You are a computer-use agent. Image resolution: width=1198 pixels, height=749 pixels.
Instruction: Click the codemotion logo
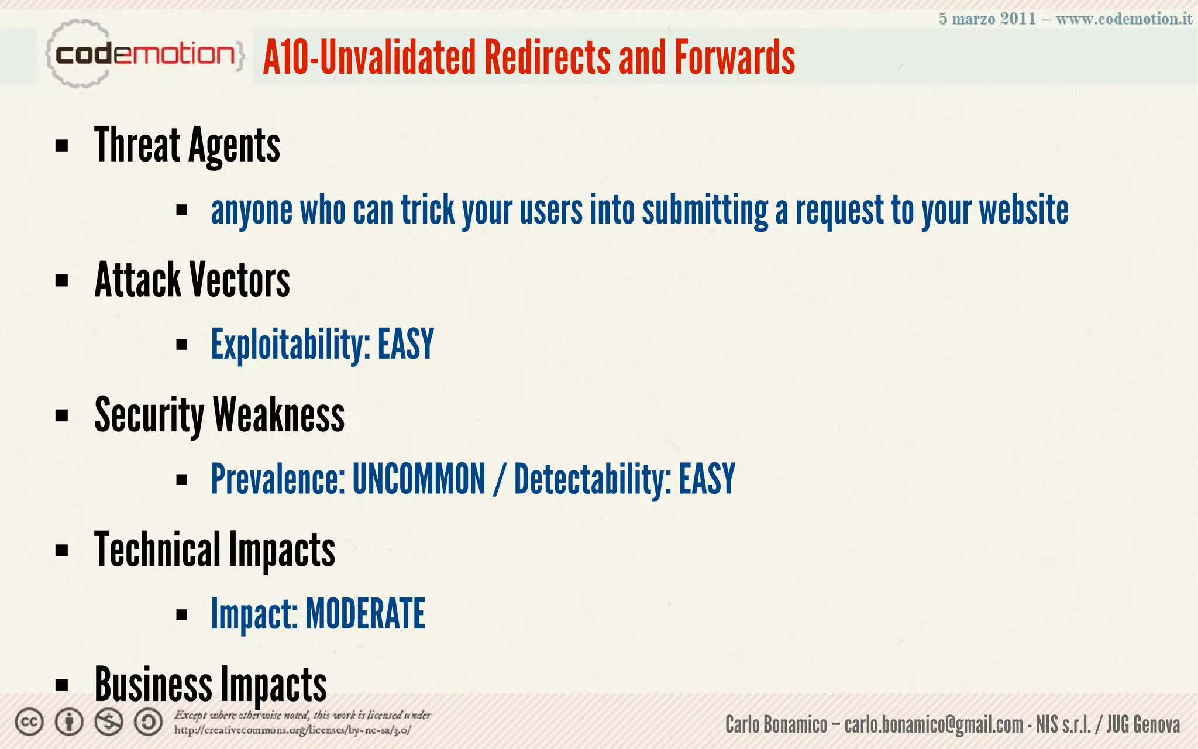(x=143, y=54)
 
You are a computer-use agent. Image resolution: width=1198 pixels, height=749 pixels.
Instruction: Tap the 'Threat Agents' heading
(x=187, y=145)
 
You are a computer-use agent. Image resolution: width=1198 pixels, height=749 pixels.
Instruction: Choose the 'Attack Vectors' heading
(x=192, y=280)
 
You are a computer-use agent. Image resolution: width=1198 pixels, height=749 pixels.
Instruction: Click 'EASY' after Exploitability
(x=405, y=344)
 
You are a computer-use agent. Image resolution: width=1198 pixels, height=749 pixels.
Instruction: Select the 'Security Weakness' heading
(x=219, y=415)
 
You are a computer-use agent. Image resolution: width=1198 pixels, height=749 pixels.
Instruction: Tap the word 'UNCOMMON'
(x=419, y=479)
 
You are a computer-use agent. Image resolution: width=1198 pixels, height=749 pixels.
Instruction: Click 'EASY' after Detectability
(x=707, y=479)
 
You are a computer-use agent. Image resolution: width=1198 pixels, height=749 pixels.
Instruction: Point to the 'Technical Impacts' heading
(x=214, y=549)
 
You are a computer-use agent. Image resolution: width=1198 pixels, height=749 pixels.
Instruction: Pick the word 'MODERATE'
(x=365, y=614)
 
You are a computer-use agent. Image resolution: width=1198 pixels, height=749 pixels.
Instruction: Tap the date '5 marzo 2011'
(x=987, y=19)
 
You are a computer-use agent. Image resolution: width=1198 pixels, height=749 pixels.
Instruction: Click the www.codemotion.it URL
(x=1124, y=19)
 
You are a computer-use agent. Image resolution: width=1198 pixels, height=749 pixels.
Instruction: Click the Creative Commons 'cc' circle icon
(x=29, y=722)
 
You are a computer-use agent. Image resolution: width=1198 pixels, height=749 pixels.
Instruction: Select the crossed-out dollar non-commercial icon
(x=109, y=722)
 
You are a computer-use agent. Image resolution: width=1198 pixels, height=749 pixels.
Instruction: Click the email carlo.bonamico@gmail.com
(x=934, y=724)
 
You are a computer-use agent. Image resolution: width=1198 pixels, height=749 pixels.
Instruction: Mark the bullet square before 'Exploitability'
(x=181, y=345)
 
